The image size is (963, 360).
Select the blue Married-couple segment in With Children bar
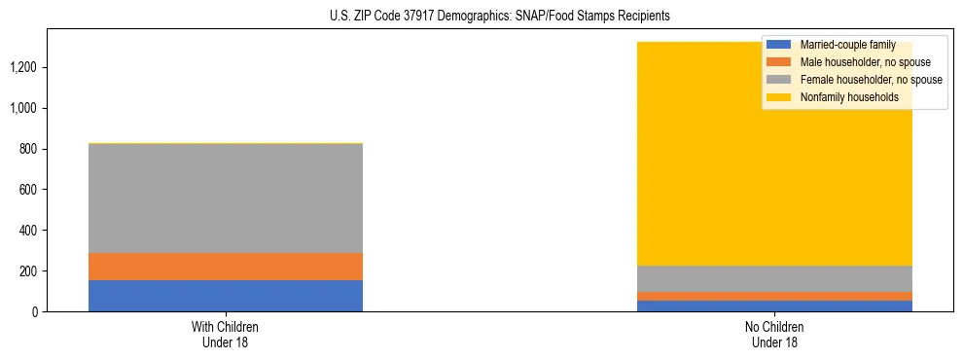click(x=225, y=296)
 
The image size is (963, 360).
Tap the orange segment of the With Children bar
click(x=225, y=267)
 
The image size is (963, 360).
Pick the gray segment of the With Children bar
click(x=225, y=198)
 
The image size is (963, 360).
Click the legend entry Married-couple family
click(x=846, y=45)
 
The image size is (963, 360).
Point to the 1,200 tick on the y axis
click(x=23, y=67)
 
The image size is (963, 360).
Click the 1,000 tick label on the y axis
click(x=23, y=108)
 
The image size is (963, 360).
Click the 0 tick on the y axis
click(x=35, y=311)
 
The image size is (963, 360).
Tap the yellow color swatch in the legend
click(x=779, y=97)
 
